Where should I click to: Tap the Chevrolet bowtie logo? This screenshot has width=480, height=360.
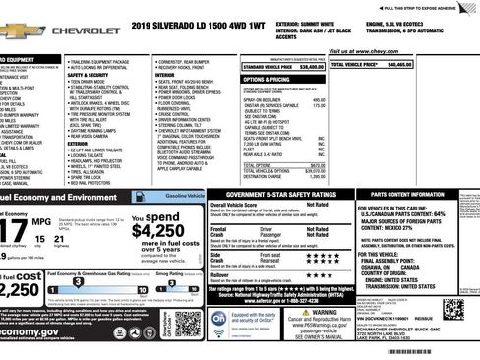(x=14, y=30)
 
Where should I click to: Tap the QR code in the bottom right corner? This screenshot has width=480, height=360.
(x=453, y=311)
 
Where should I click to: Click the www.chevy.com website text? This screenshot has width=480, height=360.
(x=364, y=50)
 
